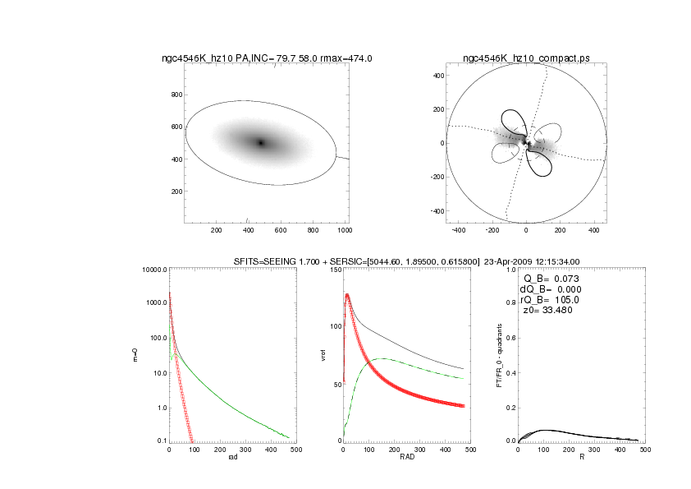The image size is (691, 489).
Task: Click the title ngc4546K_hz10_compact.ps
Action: pos(526,58)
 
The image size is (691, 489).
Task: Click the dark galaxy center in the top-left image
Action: pos(261,143)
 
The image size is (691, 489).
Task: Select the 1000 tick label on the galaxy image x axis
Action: pos(344,230)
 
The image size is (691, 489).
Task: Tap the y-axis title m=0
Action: pos(136,356)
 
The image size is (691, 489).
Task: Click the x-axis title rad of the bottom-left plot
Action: pos(231,457)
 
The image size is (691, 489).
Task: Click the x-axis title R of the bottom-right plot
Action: pos(582,457)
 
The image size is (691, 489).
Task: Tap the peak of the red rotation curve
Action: pos(347,294)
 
